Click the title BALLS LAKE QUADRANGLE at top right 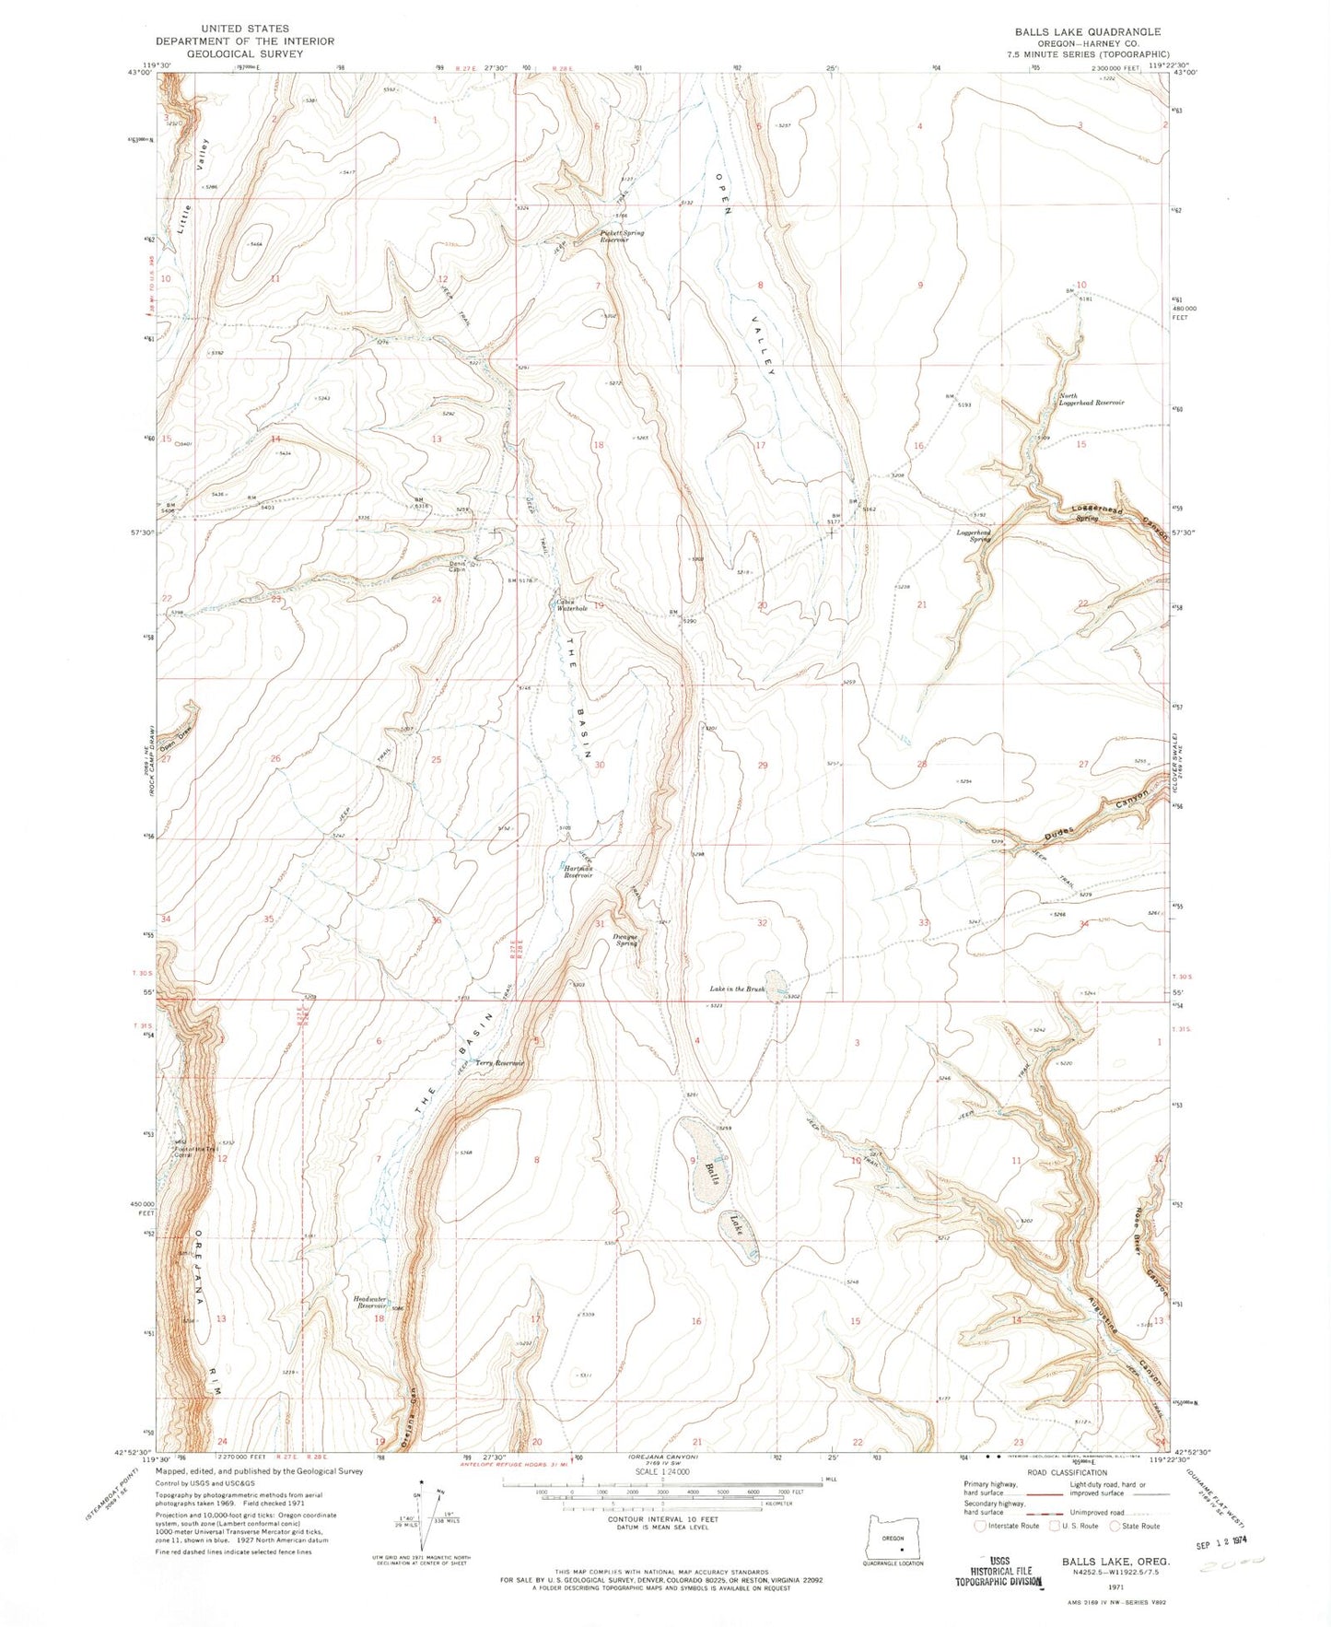pos(1087,31)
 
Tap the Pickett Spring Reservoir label pos(621,236)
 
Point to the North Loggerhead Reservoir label pos(1091,399)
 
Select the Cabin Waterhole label pos(571,606)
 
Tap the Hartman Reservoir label pos(577,872)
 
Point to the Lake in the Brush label pos(737,989)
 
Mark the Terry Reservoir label pos(499,1063)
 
